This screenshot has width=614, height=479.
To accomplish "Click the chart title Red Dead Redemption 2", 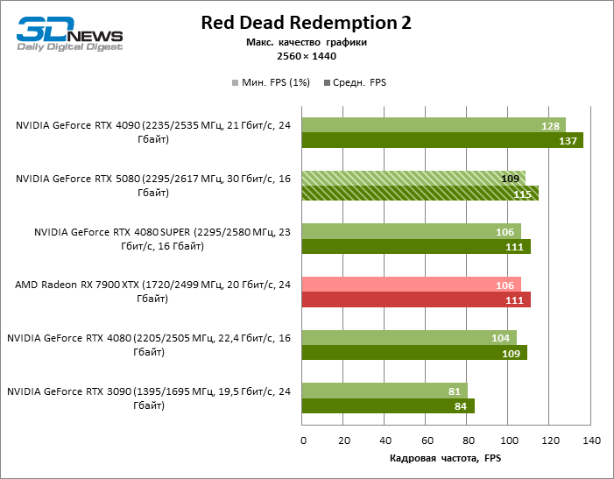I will [x=306, y=22].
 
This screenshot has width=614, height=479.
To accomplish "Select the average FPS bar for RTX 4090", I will [x=442, y=141].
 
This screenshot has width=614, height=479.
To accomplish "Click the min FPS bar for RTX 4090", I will [x=434, y=125].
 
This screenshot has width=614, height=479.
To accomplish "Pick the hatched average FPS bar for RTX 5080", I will [x=420, y=194].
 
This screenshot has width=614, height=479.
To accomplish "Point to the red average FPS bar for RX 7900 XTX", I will [x=416, y=300].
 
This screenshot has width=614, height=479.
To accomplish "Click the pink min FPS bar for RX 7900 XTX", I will [x=412, y=285].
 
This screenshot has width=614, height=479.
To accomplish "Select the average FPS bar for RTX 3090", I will [x=388, y=405].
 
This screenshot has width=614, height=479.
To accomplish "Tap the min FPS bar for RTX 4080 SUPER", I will [x=412, y=231].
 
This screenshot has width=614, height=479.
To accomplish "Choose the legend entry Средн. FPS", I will [x=355, y=83].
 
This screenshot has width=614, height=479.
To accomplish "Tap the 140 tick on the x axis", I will [x=590, y=440].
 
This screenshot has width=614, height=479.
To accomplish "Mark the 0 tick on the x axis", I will [x=303, y=440].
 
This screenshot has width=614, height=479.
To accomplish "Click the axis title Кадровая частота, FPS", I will [x=445, y=458].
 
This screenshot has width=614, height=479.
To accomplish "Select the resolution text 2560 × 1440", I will [x=306, y=57].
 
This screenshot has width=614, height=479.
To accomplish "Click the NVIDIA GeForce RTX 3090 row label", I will [x=149, y=398].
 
